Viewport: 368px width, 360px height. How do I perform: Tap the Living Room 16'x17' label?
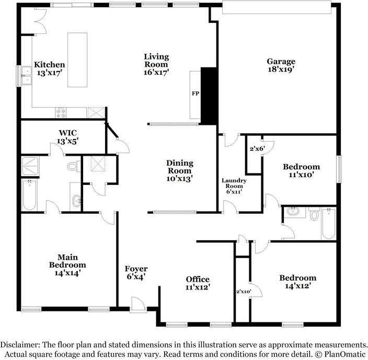(x=156, y=64)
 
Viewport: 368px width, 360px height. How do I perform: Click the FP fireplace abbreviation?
(x=195, y=94)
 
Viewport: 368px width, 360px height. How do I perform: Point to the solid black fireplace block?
(x=209, y=96)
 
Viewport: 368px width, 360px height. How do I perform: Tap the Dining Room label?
(x=180, y=171)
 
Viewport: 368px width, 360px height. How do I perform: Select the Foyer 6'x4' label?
(x=135, y=273)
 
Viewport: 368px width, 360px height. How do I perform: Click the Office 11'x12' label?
(x=198, y=283)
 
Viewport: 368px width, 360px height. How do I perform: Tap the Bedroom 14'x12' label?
(x=297, y=282)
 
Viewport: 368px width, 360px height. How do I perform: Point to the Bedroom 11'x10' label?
(x=301, y=171)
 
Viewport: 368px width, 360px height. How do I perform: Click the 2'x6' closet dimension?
(x=257, y=149)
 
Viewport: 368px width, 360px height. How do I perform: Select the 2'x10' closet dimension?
(x=244, y=292)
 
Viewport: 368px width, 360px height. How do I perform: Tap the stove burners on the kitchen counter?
(x=62, y=111)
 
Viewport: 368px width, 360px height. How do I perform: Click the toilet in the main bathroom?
(x=73, y=167)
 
